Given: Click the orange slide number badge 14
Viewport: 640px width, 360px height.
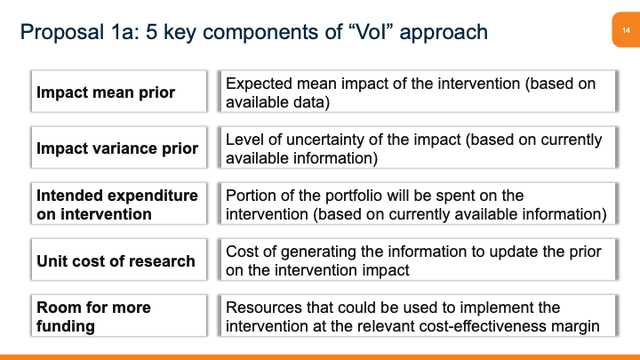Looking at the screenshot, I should click(625, 31).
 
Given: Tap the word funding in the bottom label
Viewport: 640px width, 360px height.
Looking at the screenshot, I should click(67, 325).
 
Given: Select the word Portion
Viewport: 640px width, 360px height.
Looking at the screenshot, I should click(252, 196).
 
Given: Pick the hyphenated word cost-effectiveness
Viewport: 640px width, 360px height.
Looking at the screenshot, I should click(479, 326).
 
